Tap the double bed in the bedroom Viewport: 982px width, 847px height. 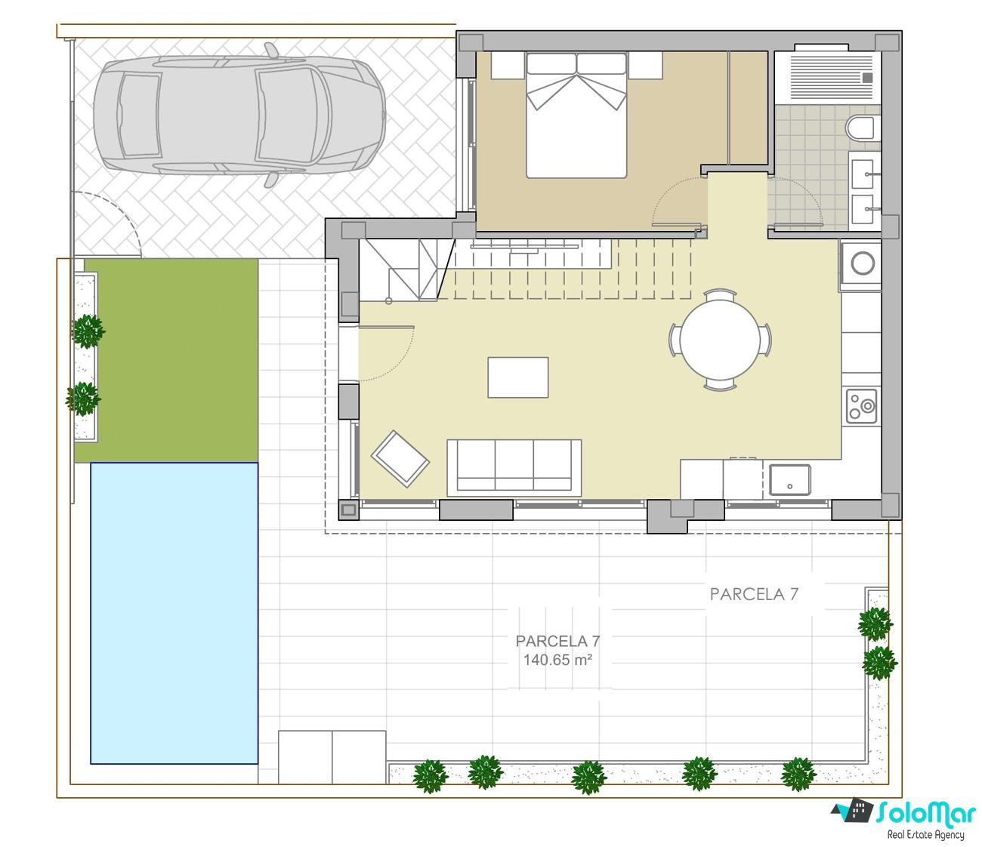click(x=576, y=115)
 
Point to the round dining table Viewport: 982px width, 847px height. click(x=720, y=340)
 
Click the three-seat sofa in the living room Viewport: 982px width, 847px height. click(x=514, y=467)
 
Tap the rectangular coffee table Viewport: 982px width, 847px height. click(x=518, y=377)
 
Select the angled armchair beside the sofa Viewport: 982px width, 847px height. click(x=400, y=458)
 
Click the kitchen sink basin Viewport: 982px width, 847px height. click(x=790, y=479)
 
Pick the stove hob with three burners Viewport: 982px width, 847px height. click(x=861, y=406)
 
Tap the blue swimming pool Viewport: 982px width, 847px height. click(x=174, y=613)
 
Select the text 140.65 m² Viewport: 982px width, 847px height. click(x=557, y=660)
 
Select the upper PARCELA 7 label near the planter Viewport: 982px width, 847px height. click(x=754, y=594)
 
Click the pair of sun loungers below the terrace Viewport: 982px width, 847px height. click(x=332, y=757)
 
